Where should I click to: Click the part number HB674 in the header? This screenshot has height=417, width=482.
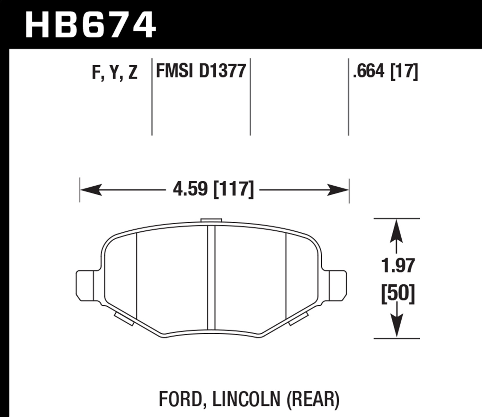click(90, 25)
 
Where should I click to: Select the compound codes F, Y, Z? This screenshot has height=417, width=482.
click(115, 72)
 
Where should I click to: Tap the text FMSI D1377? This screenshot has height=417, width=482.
click(201, 71)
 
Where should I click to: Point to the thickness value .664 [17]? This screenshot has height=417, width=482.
click(385, 71)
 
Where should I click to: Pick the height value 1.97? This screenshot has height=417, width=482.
click(398, 266)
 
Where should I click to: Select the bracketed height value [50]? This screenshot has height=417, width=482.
click(398, 293)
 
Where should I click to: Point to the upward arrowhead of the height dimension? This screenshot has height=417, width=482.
click(397, 230)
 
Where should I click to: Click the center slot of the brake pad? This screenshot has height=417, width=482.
click(211, 277)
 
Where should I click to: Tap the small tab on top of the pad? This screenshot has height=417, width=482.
click(211, 220)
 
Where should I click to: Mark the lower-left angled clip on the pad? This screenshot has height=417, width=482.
click(124, 319)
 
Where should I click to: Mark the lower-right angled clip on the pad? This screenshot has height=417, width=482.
click(299, 319)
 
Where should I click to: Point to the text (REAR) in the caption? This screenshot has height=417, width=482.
click(312, 399)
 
